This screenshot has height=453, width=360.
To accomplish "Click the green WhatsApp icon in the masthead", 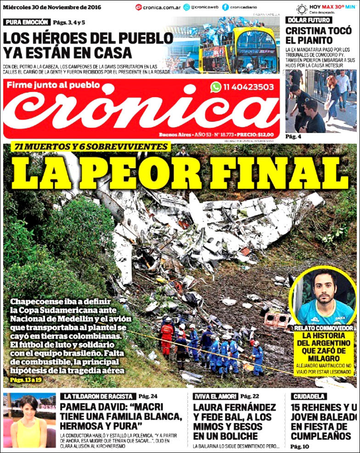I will (216, 87).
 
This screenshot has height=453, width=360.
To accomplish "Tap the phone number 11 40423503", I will (248, 87).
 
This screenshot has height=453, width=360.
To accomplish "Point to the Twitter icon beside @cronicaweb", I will (186, 7).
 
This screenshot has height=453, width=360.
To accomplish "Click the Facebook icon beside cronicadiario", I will (225, 7).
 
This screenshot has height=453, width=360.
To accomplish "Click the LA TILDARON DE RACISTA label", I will (98, 396).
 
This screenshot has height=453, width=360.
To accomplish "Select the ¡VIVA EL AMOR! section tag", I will (215, 396).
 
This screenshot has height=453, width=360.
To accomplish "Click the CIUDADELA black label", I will (309, 396).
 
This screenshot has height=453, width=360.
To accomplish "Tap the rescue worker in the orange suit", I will (167, 334).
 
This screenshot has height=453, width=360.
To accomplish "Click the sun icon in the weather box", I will (302, 9).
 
